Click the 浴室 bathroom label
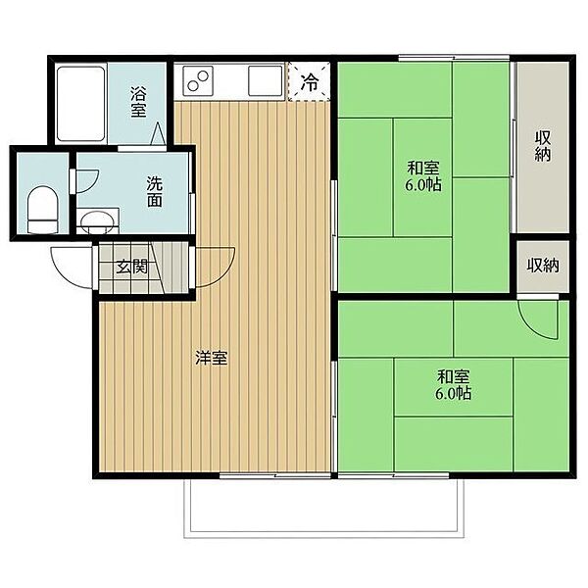pyautogui.click(x=138, y=102)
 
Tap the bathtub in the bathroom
pyautogui.click(x=80, y=104)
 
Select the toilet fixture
pyautogui.click(x=43, y=210)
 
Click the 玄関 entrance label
pyautogui.click(x=131, y=267)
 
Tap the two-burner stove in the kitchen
pyautogui.click(x=198, y=80)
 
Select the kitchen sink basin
pyautogui.click(x=266, y=80)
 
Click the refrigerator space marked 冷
pyautogui.click(x=310, y=82)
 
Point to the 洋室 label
pyautogui.click(x=211, y=358)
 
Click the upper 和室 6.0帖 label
pyautogui.click(x=423, y=176)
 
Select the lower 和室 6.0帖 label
pyautogui.click(x=454, y=384)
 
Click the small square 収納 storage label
pyautogui.click(x=543, y=266)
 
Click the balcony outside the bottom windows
pyautogui.click(x=324, y=509)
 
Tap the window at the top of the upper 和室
pyautogui.click(x=454, y=59)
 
